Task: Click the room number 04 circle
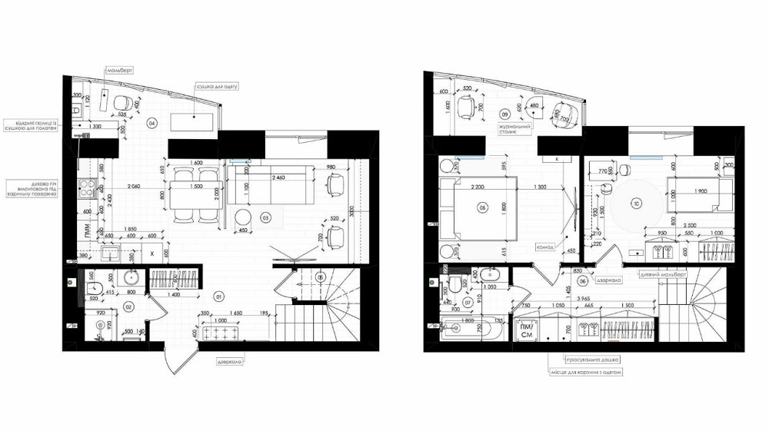[152, 123]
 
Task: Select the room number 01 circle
[219, 296]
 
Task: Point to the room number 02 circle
[128, 306]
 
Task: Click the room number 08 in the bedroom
[483, 206]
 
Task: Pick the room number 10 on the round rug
[636, 204]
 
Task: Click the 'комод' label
[547, 247]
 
